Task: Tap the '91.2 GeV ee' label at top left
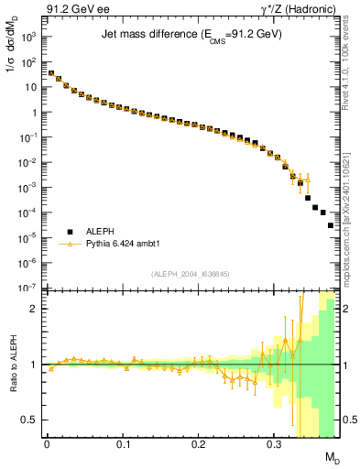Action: pyautogui.click(x=76, y=9)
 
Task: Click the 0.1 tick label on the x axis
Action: pyautogui.click(x=123, y=444)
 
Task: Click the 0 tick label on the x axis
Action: pyautogui.click(x=47, y=444)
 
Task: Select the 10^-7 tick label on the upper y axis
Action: pyautogui.click(x=27, y=288)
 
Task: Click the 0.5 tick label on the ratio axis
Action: pyautogui.click(x=29, y=420)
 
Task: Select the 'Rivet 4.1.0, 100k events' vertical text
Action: pyautogui.click(x=349, y=69)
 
